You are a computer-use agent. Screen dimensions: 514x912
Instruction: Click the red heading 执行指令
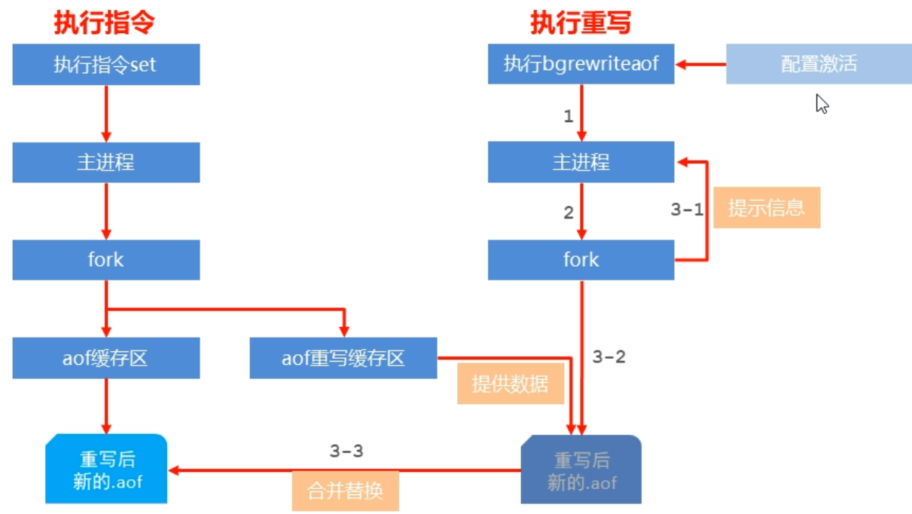(104, 23)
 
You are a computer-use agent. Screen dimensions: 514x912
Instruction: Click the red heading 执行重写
(580, 23)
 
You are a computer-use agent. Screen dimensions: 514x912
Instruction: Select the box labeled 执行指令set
(105, 64)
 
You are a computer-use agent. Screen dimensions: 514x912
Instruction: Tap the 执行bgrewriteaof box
(581, 64)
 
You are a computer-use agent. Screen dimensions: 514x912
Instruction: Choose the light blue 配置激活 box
(819, 64)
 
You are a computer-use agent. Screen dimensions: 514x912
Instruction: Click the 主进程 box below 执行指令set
(105, 162)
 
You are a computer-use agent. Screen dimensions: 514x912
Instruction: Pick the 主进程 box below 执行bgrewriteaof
(581, 162)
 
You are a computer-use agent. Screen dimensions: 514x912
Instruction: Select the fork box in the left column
(105, 260)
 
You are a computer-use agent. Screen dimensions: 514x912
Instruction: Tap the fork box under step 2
(581, 260)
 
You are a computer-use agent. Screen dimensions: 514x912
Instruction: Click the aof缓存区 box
(105, 358)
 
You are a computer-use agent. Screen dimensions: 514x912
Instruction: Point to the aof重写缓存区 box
(343, 358)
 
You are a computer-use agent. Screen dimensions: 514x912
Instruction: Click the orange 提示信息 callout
(766, 208)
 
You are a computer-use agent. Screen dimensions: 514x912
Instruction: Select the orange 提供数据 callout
(511, 384)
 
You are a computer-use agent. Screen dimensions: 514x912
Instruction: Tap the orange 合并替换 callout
(345, 491)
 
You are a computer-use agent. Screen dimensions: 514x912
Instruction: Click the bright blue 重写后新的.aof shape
(105, 469)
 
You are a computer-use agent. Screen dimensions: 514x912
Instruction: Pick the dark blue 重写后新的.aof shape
(581, 469)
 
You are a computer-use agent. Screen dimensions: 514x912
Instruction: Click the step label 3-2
(609, 357)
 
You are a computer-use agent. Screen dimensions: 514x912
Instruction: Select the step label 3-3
(346, 451)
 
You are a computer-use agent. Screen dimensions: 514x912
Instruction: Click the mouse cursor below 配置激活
(822, 104)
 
